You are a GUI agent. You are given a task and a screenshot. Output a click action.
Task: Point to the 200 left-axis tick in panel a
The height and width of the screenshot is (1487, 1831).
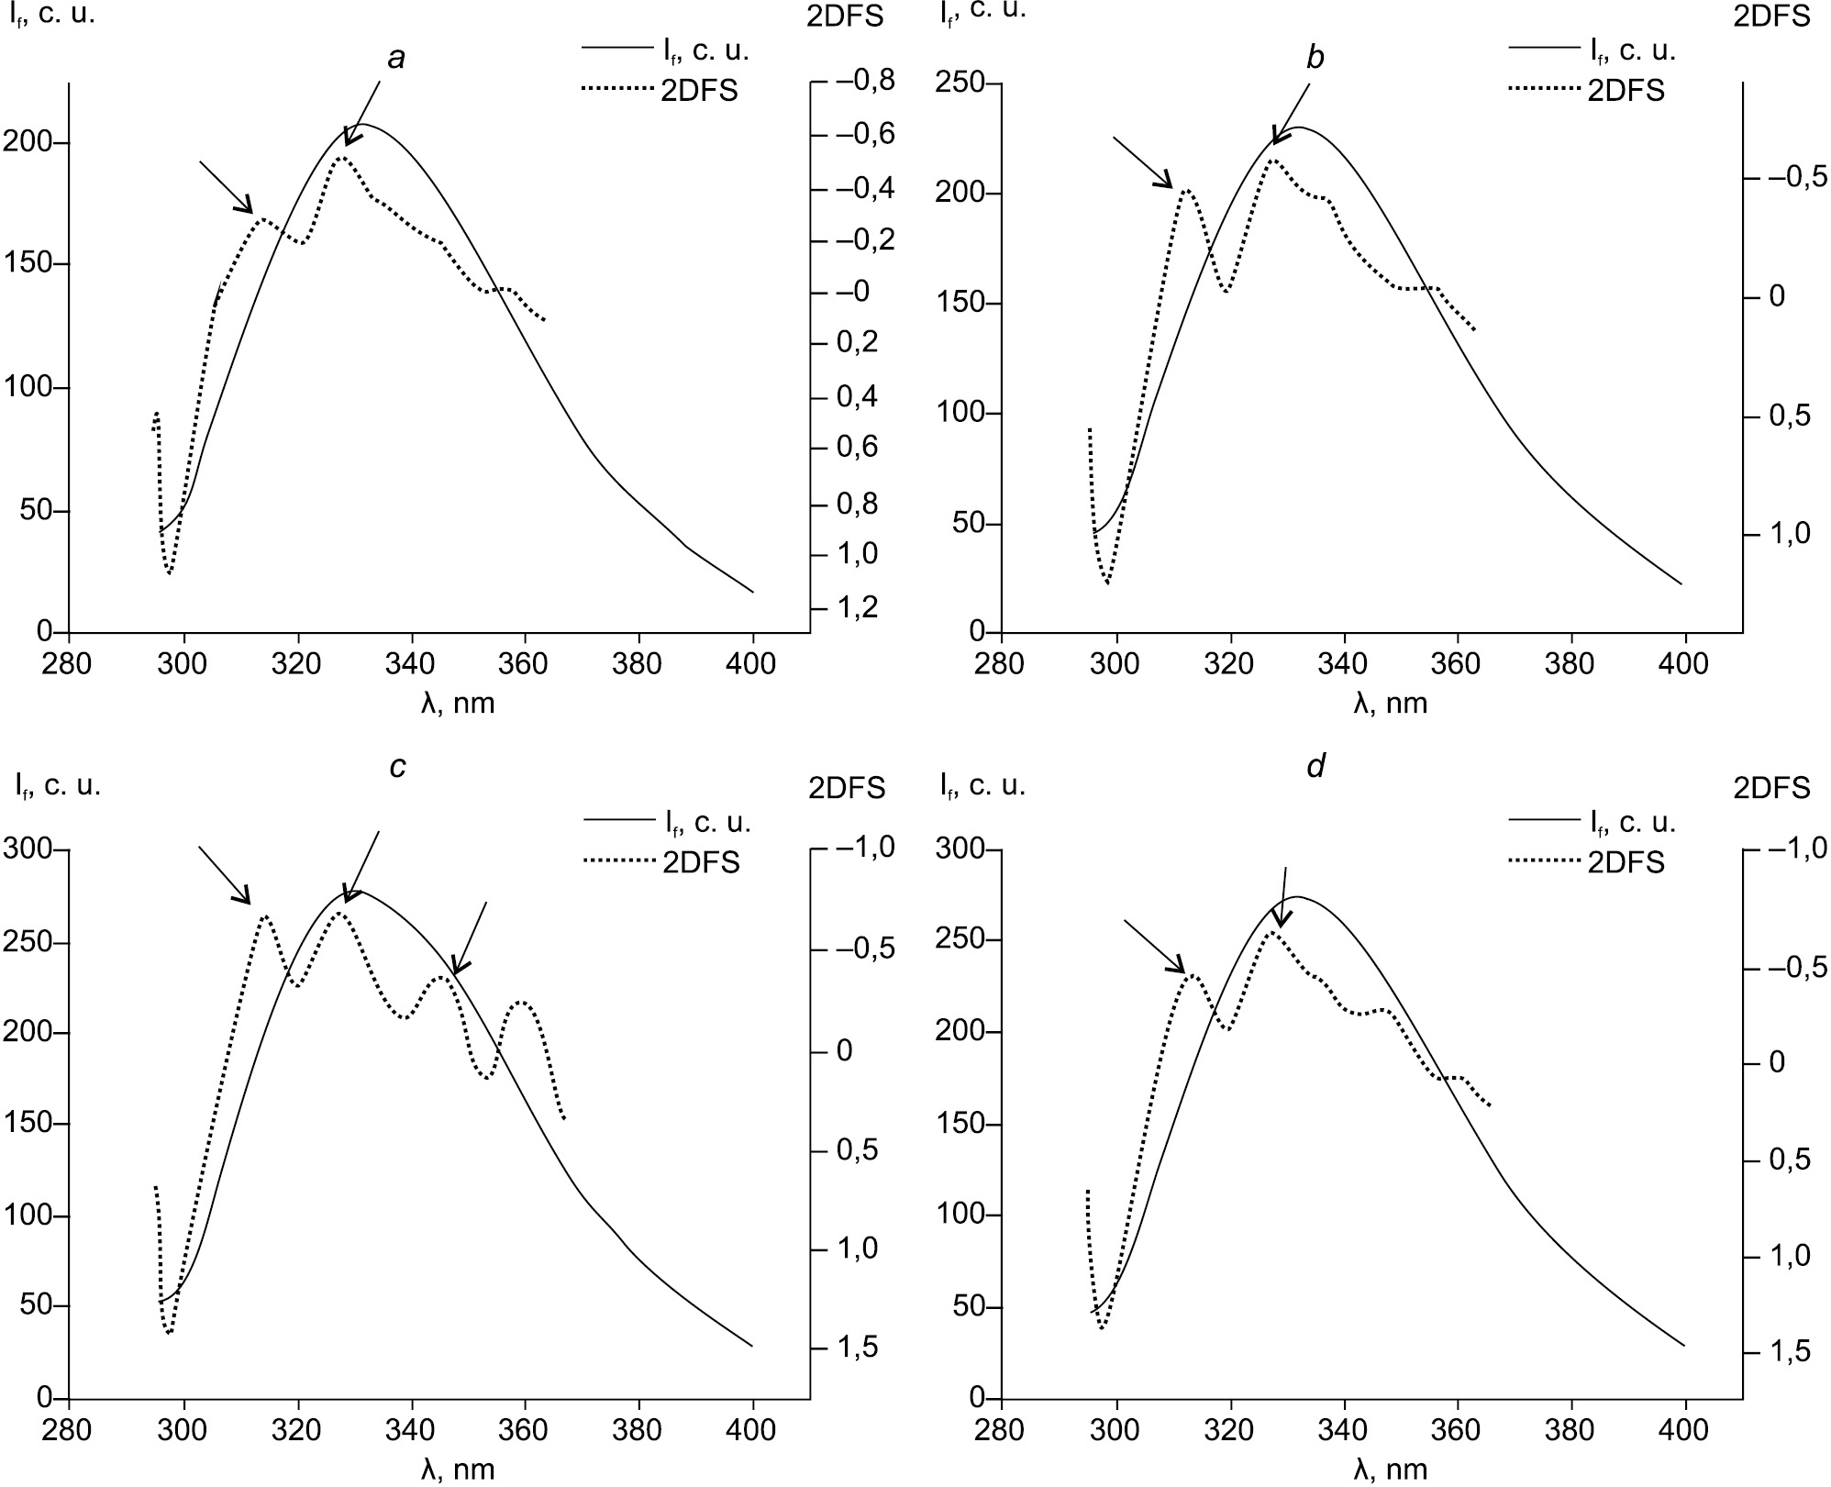30,143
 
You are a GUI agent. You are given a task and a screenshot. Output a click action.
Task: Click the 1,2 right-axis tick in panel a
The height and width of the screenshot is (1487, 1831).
858,607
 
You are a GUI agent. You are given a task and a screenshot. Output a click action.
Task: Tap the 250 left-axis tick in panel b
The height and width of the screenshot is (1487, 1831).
960,84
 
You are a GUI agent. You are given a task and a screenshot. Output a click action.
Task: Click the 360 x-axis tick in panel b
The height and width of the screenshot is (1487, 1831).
1457,663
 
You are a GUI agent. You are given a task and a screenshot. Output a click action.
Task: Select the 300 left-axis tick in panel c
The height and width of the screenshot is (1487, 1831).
30,849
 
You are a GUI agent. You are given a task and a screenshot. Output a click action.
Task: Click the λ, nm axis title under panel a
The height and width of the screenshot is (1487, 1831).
458,704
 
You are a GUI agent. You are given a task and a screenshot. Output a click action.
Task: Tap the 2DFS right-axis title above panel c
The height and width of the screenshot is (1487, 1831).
847,787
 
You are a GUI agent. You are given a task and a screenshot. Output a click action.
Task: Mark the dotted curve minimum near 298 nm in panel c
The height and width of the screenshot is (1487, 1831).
170,1332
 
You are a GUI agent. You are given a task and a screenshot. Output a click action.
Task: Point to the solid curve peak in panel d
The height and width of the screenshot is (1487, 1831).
1299,897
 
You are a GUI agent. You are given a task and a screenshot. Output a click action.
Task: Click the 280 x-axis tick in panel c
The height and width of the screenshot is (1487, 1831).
68,1429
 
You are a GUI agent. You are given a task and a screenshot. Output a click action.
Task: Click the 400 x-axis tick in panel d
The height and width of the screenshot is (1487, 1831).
1684,1429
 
